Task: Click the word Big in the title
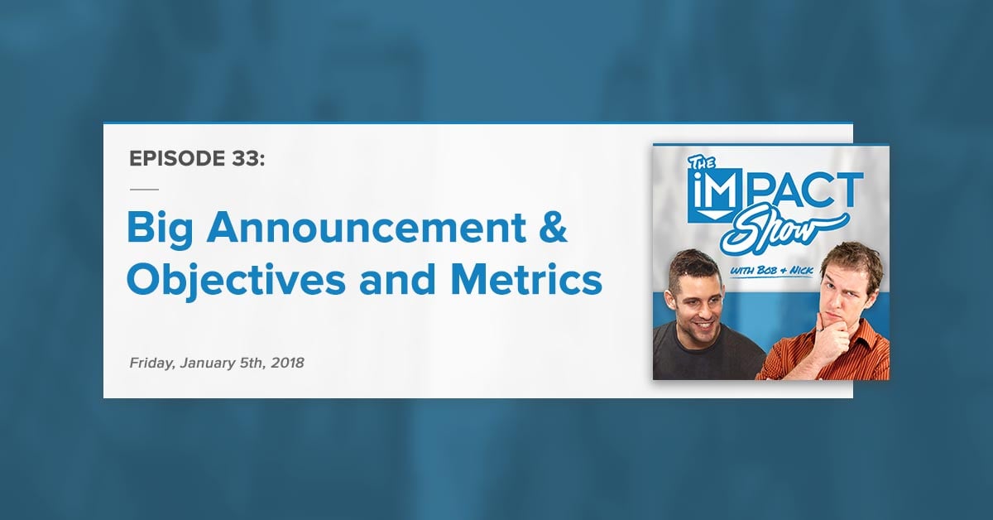(x=160, y=229)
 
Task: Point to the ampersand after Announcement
(x=554, y=227)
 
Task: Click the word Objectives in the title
(x=236, y=282)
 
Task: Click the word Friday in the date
(x=151, y=364)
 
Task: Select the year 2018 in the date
(x=288, y=363)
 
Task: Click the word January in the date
(x=208, y=364)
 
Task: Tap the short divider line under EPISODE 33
(x=144, y=190)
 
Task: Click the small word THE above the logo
(x=702, y=163)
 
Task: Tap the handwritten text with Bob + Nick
(x=771, y=271)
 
